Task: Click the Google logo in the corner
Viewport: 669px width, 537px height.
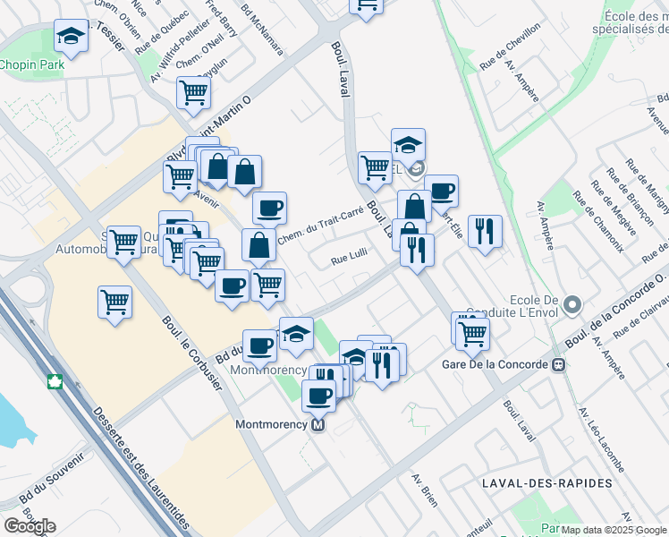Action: pyautogui.click(x=30, y=526)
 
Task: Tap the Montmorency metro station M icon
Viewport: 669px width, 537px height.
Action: pyautogui.click(x=318, y=425)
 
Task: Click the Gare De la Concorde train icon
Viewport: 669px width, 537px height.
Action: pyautogui.click(x=559, y=364)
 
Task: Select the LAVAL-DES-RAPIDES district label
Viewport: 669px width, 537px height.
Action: pyautogui.click(x=546, y=482)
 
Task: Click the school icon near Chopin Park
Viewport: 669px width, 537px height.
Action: pyautogui.click(x=70, y=37)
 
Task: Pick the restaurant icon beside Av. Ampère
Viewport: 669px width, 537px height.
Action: pyautogui.click(x=485, y=231)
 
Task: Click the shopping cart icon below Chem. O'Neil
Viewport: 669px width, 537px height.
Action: pyautogui.click(x=193, y=91)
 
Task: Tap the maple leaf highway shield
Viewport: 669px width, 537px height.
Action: pyautogui.click(x=55, y=383)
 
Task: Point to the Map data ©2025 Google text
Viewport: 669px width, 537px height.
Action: pyautogui.click(x=614, y=530)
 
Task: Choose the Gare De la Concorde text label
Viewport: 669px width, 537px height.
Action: pyautogui.click(x=495, y=364)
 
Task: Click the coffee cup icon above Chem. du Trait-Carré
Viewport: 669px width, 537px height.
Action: pyautogui.click(x=269, y=209)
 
